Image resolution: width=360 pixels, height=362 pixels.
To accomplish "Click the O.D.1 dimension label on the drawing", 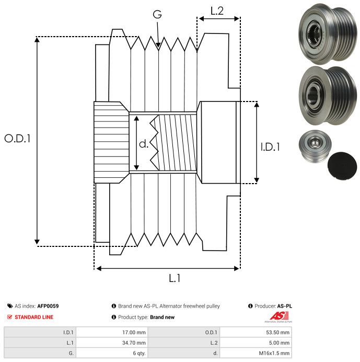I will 17,139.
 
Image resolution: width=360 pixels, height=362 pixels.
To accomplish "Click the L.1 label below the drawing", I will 175,278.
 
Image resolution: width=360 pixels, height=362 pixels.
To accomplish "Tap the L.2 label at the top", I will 217,11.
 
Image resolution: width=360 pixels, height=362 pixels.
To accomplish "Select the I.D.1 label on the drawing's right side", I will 270,148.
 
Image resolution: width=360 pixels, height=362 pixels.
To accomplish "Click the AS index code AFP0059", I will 52,306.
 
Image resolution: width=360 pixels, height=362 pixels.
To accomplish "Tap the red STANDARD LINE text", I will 34,317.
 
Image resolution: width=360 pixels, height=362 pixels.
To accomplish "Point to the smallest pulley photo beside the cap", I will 315,148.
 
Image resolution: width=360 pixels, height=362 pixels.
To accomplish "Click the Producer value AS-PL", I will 285,306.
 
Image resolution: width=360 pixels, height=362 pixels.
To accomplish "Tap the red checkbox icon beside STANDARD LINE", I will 9,317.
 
